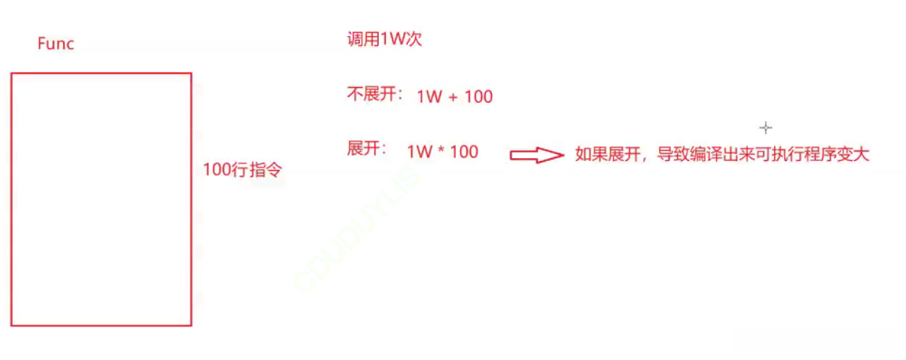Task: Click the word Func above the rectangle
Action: click(x=56, y=43)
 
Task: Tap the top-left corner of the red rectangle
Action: click(x=12, y=74)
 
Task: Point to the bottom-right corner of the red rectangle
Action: click(x=191, y=324)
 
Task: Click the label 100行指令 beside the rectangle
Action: click(x=237, y=169)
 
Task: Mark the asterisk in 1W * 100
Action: click(x=442, y=151)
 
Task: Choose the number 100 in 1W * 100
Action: click(x=464, y=151)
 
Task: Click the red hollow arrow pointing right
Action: click(x=537, y=155)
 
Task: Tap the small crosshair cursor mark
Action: click(x=766, y=128)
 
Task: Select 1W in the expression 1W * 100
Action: click(x=420, y=151)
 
